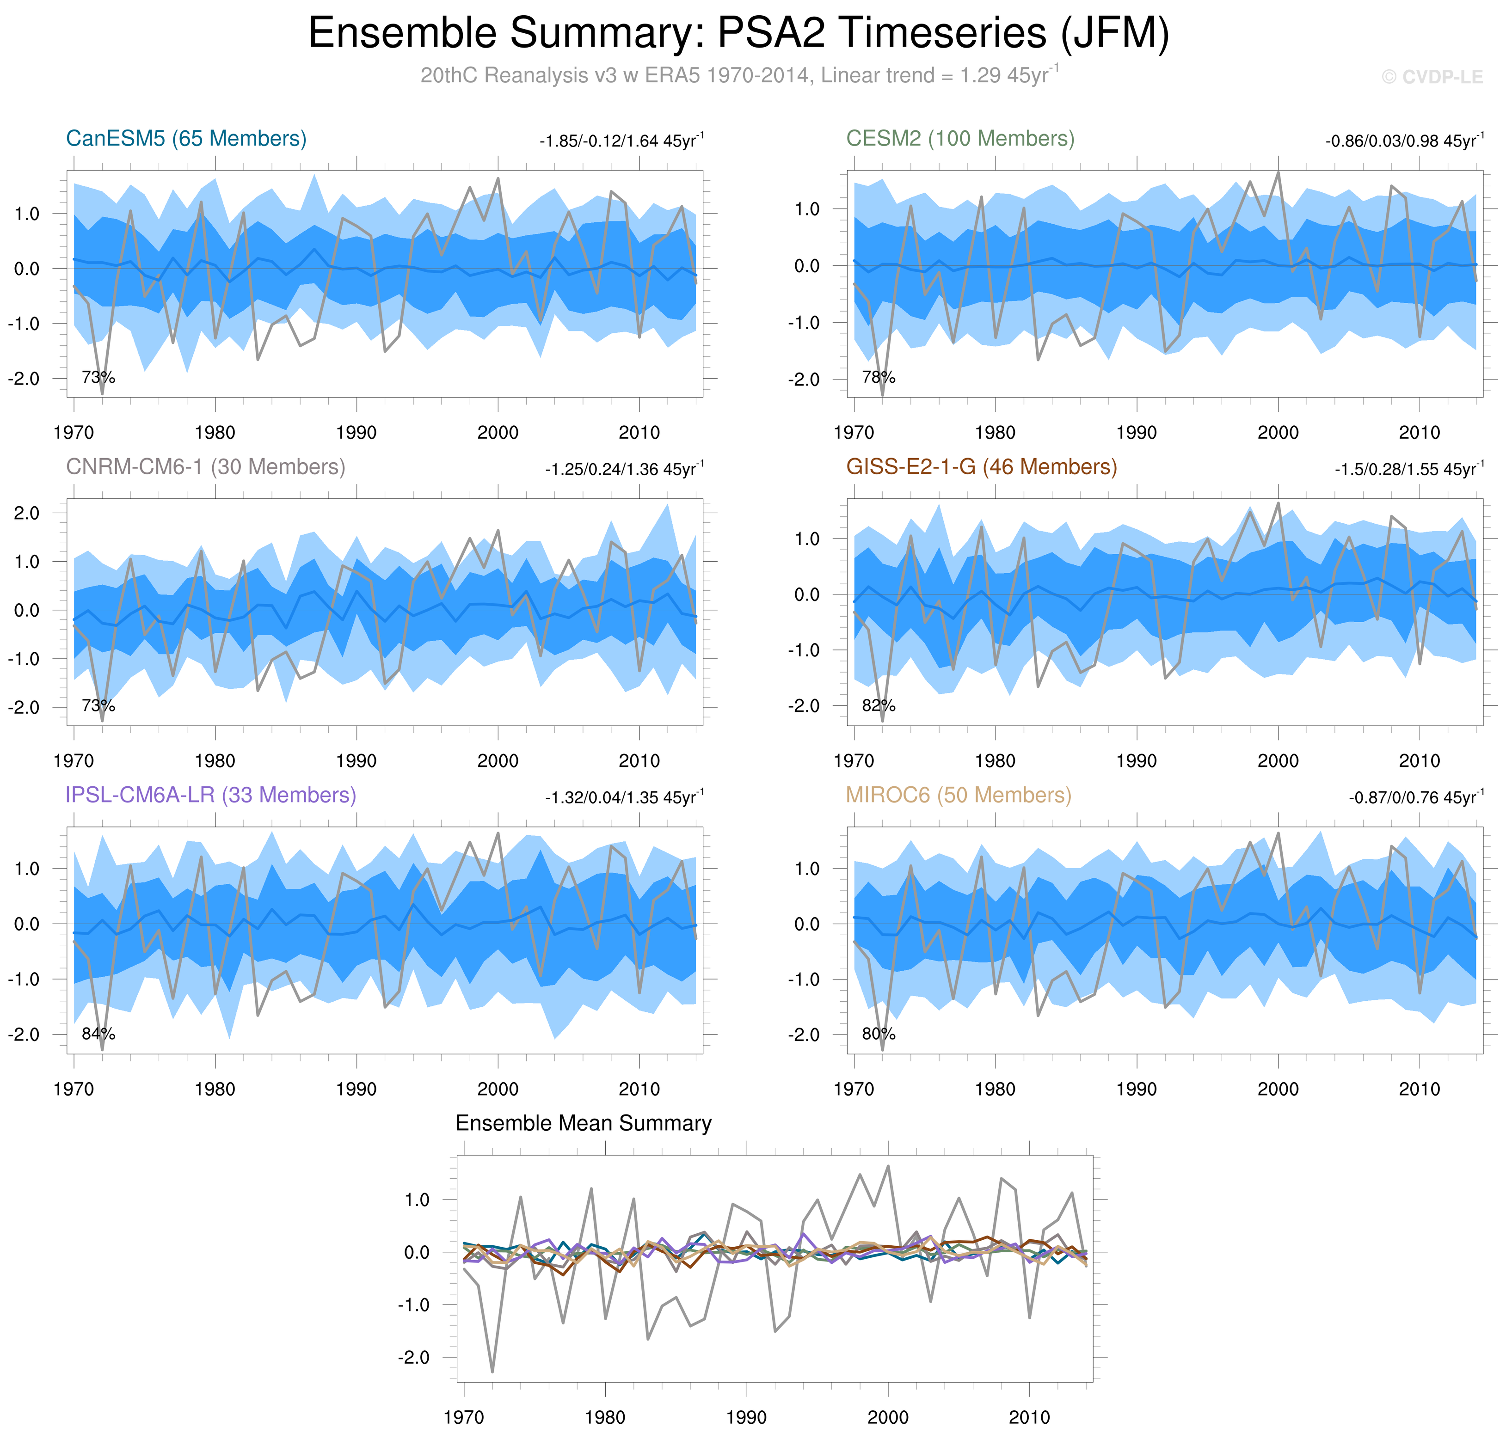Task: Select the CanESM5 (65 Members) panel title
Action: point(186,139)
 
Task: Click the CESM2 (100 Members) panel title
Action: point(960,139)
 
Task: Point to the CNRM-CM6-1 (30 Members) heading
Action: point(206,467)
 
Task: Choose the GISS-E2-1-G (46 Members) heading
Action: point(981,467)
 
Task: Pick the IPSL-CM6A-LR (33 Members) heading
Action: point(211,796)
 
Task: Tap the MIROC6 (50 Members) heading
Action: point(958,796)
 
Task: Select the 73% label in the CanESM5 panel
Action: point(98,377)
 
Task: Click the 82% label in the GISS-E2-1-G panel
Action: point(879,706)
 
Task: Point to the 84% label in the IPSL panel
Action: point(98,1034)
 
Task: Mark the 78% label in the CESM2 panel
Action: point(879,377)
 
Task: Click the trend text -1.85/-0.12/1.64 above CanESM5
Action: point(621,141)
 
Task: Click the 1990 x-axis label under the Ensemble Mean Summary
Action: point(746,1418)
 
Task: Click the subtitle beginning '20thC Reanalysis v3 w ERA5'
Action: point(739,75)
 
